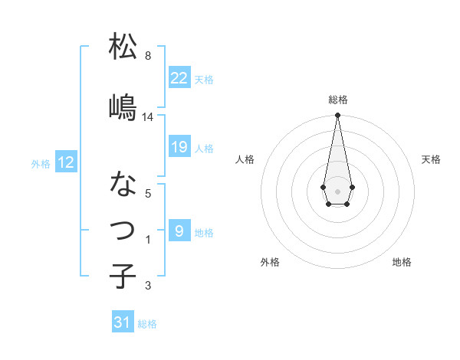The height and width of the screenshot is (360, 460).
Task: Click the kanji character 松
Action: pyautogui.click(x=123, y=47)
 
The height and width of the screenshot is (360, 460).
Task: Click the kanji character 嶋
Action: pyautogui.click(x=123, y=107)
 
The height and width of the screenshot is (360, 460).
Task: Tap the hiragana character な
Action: pyautogui.click(x=123, y=183)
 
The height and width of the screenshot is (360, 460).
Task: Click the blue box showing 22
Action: pyautogui.click(x=179, y=78)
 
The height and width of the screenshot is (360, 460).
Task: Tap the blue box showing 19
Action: pyautogui.click(x=179, y=147)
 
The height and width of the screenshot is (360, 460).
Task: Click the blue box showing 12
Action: pyautogui.click(x=66, y=162)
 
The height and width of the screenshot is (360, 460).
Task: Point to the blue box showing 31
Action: pyautogui.click(x=123, y=322)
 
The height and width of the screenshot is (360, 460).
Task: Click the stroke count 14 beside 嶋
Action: pyautogui.click(x=148, y=117)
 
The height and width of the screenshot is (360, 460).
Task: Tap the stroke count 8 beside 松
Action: pyautogui.click(x=148, y=56)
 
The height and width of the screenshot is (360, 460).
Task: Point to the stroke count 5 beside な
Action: pyautogui.click(x=148, y=193)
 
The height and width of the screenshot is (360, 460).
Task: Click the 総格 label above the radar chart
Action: pyautogui.click(x=338, y=100)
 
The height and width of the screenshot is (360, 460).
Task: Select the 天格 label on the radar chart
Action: pyautogui.click(x=431, y=159)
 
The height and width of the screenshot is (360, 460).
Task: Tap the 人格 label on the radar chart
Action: pyautogui.click(x=245, y=159)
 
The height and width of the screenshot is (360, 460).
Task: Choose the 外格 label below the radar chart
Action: pyautogui.click(x=270, y=262)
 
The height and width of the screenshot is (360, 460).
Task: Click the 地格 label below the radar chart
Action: pyautogui.click(x=402, y=262)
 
